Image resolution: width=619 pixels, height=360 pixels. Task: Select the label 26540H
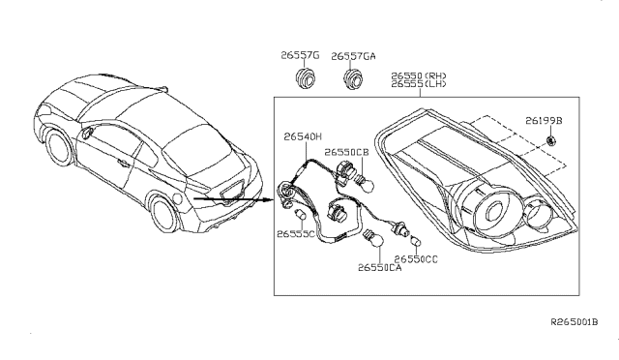coord(306,138)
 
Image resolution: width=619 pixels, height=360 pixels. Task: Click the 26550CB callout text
coord(345,152)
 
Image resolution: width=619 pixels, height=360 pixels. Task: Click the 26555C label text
coord(297,234)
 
